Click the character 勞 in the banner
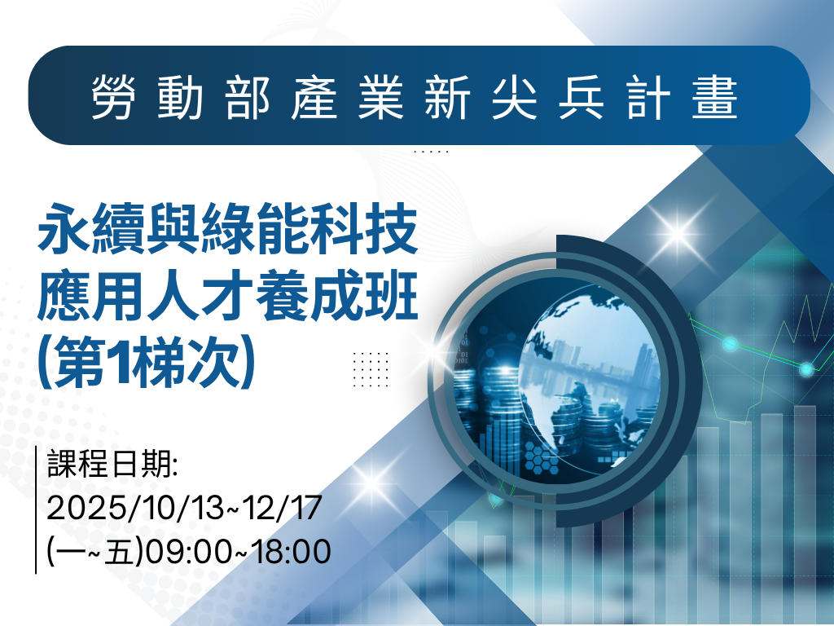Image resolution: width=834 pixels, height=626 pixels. pos(113,96)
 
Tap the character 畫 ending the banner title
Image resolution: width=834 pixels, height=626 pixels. pos(714,96)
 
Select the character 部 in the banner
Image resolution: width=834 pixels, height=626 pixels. pos(247,96)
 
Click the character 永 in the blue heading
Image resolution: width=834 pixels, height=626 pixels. pos(64,229)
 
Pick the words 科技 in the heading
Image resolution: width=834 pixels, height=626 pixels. pos(364,229)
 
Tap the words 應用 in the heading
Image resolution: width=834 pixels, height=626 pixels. pos(91,296)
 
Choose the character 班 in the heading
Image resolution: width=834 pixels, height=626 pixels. pos(391,296)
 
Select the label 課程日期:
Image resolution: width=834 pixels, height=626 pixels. pos(112,464)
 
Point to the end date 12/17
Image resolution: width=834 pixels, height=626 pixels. pos(282,507)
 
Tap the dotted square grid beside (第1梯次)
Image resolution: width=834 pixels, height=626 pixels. pos(371,369)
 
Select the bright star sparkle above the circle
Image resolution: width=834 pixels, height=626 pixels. pos(678,232)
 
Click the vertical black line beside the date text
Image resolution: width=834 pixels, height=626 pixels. pos(36,509)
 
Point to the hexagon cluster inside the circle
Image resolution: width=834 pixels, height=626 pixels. pos(542,458)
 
